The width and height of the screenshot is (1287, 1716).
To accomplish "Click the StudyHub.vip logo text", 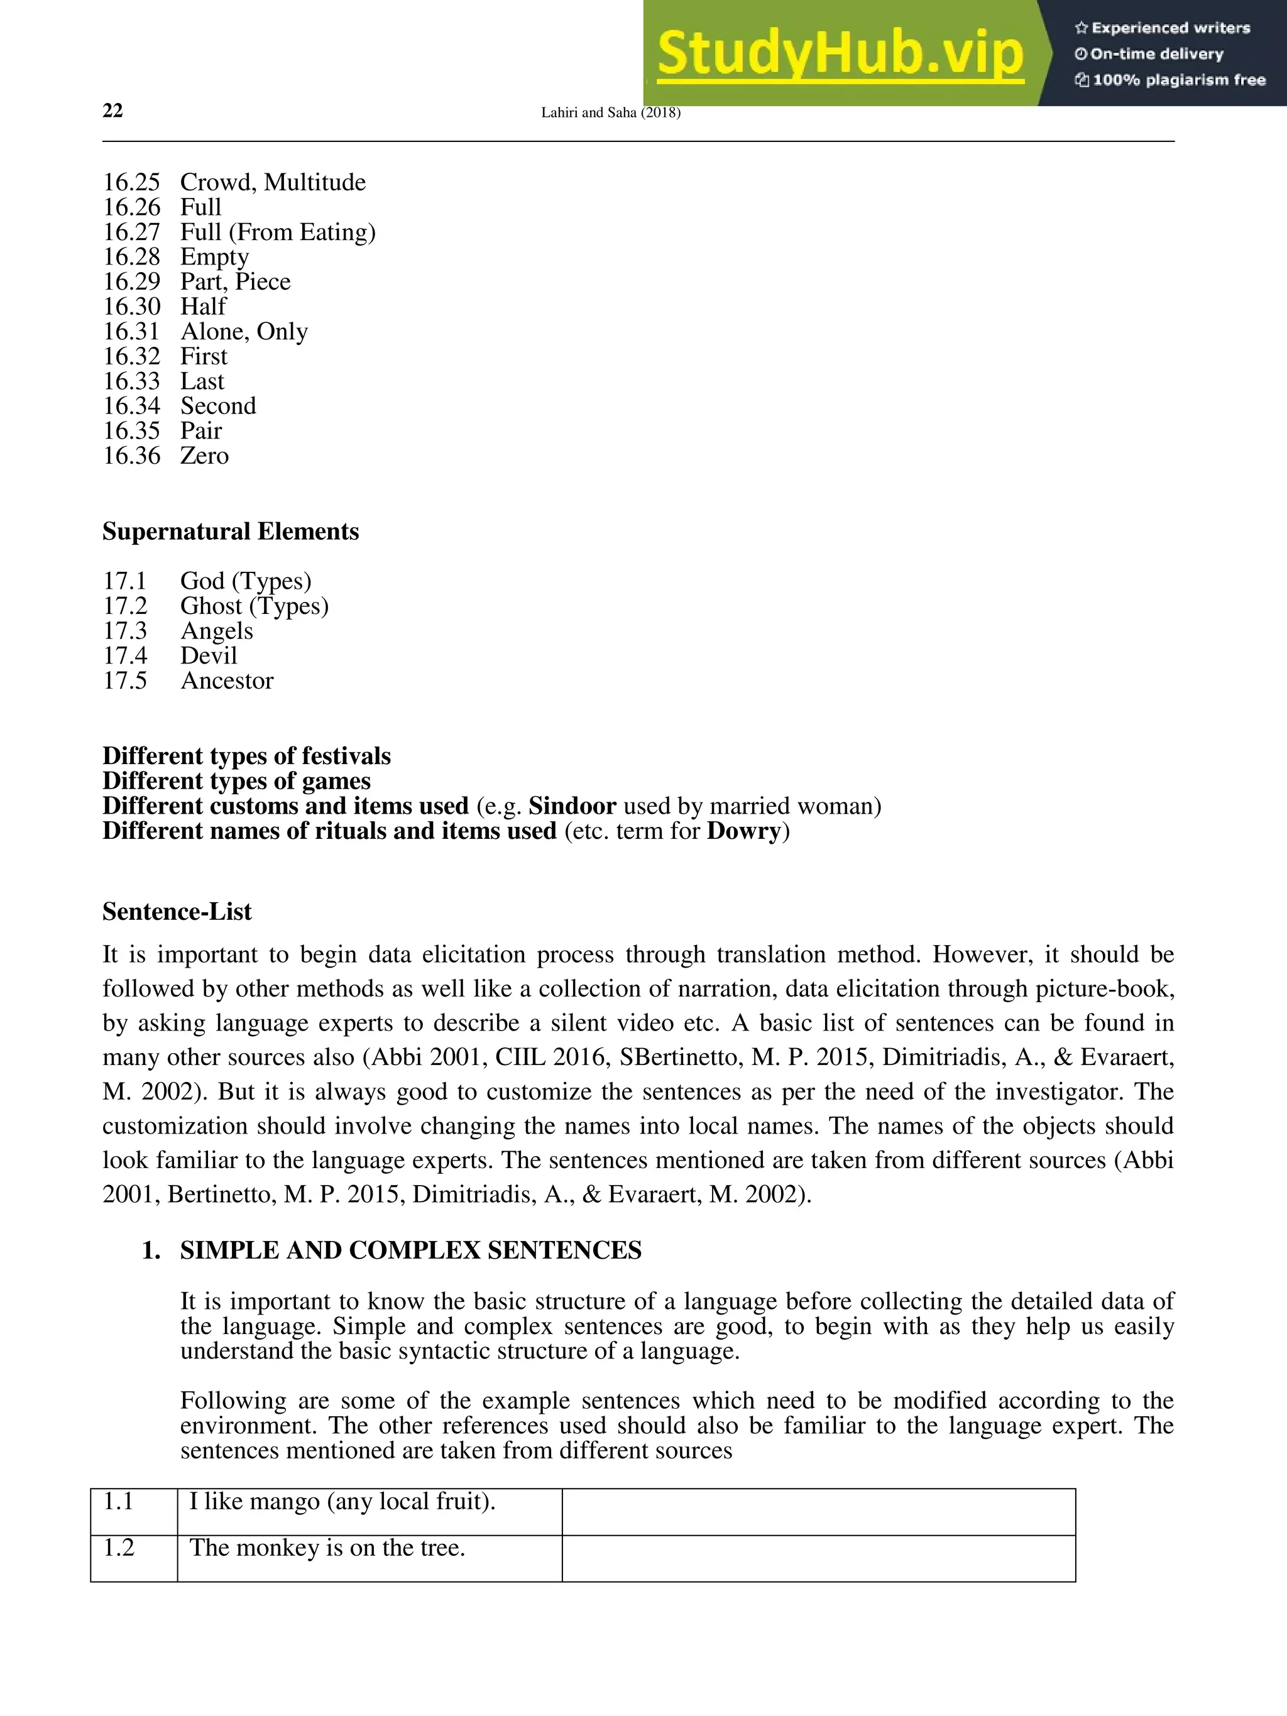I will (x=840, y=53).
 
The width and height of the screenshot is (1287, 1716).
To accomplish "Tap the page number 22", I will (x=112, y=111).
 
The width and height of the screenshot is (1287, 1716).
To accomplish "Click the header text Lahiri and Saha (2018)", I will (x=611, y=112).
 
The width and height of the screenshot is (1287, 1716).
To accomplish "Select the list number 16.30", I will (x=131, y=307).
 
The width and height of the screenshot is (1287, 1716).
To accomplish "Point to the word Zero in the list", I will (x=204, y=456).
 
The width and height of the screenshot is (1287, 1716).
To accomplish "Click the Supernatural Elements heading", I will (x=231, y=532).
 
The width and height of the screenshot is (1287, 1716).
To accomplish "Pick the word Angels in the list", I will (x=216, y=631).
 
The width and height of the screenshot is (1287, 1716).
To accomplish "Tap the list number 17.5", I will (x=125, y=680).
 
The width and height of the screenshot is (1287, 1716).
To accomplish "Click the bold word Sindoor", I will (x=572, y=806).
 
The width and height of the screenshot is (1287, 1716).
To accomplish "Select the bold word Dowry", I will (x=743, y=831).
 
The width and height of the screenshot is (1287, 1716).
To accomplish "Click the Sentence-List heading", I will (x=177, y=912).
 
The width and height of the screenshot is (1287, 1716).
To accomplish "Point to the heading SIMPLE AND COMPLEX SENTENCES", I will (x=410, y=1250).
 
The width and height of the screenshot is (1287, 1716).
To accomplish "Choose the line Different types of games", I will (x=237, y=781).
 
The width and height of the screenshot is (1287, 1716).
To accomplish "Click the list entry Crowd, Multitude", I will (x=272, y=182).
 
